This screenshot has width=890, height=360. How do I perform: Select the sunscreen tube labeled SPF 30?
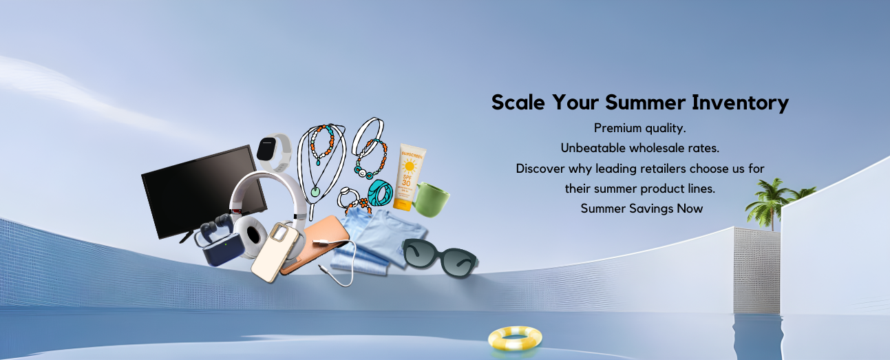click(x=408, y=177)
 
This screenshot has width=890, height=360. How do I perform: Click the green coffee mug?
click(x=431, y=199)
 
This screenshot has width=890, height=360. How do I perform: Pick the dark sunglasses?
click(x=440, y=257)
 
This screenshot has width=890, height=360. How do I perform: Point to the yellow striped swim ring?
click(x=515, y=339)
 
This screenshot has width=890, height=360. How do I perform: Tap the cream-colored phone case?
click(x=275, y=252)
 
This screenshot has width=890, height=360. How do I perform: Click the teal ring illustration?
click(x=380, y=193)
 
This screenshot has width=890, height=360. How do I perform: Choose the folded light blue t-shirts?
click(x=374, y=240)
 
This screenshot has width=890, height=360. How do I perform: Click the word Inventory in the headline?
click(x=740, y=103)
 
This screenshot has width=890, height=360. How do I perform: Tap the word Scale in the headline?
click(x=518, y=103)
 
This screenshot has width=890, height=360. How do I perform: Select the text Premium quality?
click(x=639, y=128)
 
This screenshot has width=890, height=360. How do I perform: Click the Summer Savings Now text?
click(x=642, y=209)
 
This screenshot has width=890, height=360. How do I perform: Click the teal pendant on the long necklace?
click(x=315, y=192)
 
